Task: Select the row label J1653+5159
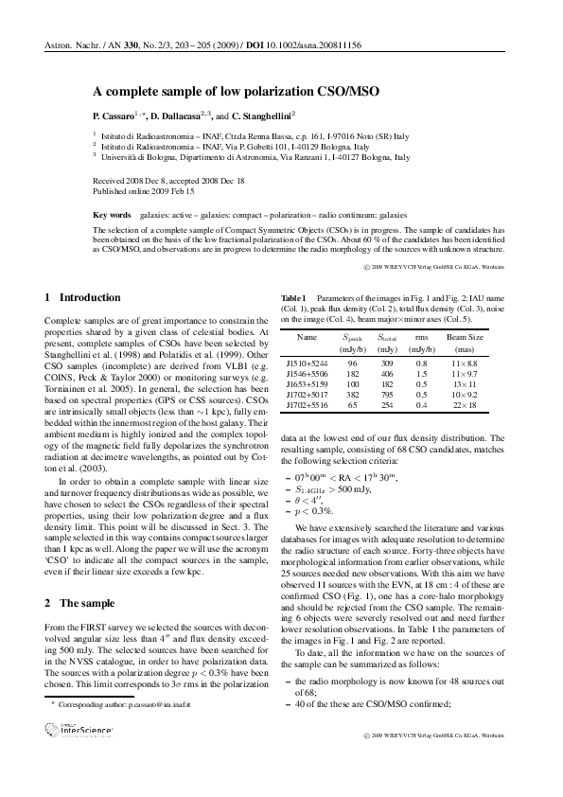pos(307,385)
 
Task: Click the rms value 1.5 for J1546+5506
pos(422,375)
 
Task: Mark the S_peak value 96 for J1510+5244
pos(352,364)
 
